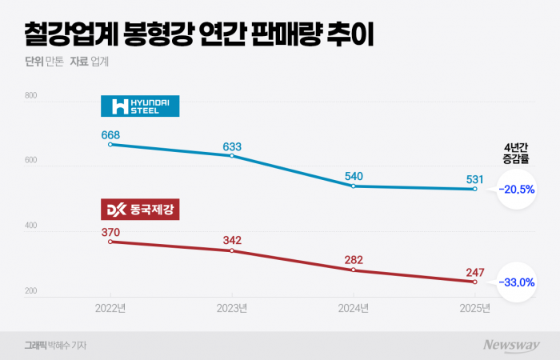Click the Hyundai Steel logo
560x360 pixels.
140,106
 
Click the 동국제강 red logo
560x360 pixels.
140,210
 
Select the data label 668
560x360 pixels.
110,134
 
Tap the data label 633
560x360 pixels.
232,146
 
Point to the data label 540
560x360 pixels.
354,175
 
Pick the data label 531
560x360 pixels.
474,178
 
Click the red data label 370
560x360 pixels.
110,232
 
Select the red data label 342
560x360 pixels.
232,241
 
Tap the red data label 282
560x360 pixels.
354,260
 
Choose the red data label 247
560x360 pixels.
474,272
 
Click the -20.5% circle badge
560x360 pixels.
516,190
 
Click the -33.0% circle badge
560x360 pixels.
516,282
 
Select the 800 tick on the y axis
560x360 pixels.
32,96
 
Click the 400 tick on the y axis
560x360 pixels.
32,226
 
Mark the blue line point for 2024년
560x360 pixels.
354,186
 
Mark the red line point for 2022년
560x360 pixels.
110,242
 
